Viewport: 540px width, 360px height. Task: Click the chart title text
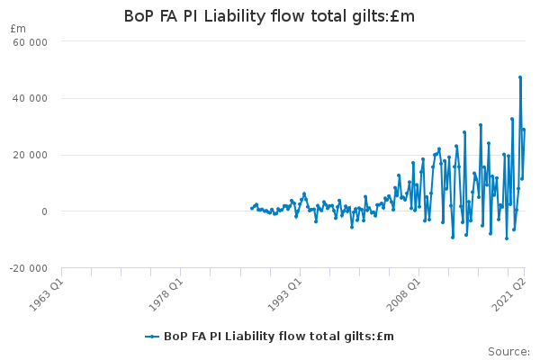point(269,16)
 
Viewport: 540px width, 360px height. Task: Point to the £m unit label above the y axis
point(18,29)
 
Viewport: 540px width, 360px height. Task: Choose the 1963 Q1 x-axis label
point(47,291)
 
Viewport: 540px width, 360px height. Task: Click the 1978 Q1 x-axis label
point(166,291)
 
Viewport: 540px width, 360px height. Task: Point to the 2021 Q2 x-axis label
point(508,291)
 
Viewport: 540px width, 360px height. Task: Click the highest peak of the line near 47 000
point(520,77)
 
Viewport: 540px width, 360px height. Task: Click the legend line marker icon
point(152,337)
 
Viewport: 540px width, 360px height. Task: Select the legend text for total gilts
point(279,337)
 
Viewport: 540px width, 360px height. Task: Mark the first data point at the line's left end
point(251,209)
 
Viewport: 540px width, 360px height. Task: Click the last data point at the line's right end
point(524,130)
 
